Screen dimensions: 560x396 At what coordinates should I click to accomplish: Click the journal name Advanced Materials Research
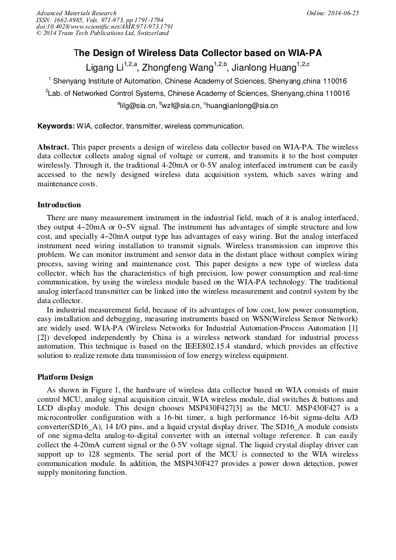pyautogui.click(x=77, y=13)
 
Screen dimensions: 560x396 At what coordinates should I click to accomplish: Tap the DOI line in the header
pyautogui.click(x=105, y=27)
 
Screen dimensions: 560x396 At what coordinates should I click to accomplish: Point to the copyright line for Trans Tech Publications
pyautogui.click(x=102, y=33)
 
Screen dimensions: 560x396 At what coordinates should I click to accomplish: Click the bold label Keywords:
pyautogui.click(x=56, y=126)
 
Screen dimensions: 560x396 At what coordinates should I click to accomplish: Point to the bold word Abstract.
pyautogui.click(x=53, y=147)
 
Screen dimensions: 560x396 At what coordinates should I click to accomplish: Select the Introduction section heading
pyautogui.click(x=59, y=205)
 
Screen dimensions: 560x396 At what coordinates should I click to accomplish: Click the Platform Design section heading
pyautogui.click(x=65, y=377)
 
